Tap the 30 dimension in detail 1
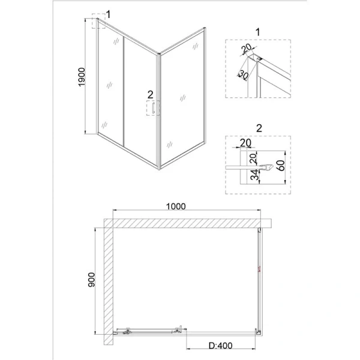tap(244, 74)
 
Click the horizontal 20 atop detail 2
tap(244, 143)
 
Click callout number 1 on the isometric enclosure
tap(108, 14)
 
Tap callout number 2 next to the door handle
tap(151, 94)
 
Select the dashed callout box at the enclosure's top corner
tap(98, 23)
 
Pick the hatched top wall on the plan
tap(186, 223)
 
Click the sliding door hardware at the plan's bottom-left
tap(150, 331)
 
